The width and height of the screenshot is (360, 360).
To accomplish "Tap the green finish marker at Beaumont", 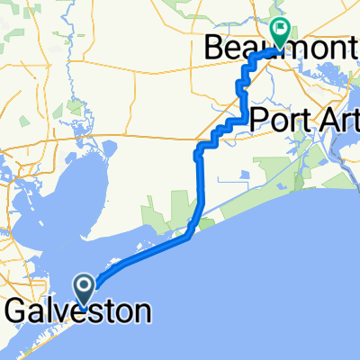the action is pos(281,32).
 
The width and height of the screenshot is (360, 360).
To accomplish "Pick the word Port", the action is pos(278,119).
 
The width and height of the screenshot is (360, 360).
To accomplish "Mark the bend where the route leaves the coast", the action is pos(187,237).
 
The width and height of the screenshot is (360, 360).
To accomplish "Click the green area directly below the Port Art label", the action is pos(270,166).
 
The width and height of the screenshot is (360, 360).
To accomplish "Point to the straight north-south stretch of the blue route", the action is pos(198,180).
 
